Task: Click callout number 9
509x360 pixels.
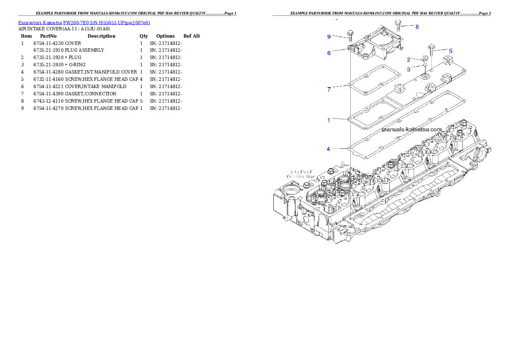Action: [x=329, y=37]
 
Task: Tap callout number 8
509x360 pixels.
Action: [x=417, y=27]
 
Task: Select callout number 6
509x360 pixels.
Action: [x=329, y=53]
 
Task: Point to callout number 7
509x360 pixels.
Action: [x=328, y=89]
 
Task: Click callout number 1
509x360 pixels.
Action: [x=328, y=120]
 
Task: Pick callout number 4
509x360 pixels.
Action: [x=328, y=149]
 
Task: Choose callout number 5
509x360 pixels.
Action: [x=450, y=50]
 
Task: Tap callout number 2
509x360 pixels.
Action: [x=408, y=59]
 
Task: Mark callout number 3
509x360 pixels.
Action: [x=408, y=69]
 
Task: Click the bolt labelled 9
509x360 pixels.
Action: [x=350, y=35]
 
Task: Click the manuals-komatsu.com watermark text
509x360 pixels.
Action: [x=411, y=130]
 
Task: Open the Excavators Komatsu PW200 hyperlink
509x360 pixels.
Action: [x=84, y=23]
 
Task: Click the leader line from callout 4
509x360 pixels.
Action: [x=340, y=148]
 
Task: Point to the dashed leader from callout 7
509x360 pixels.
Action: [x=340, y=87]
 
